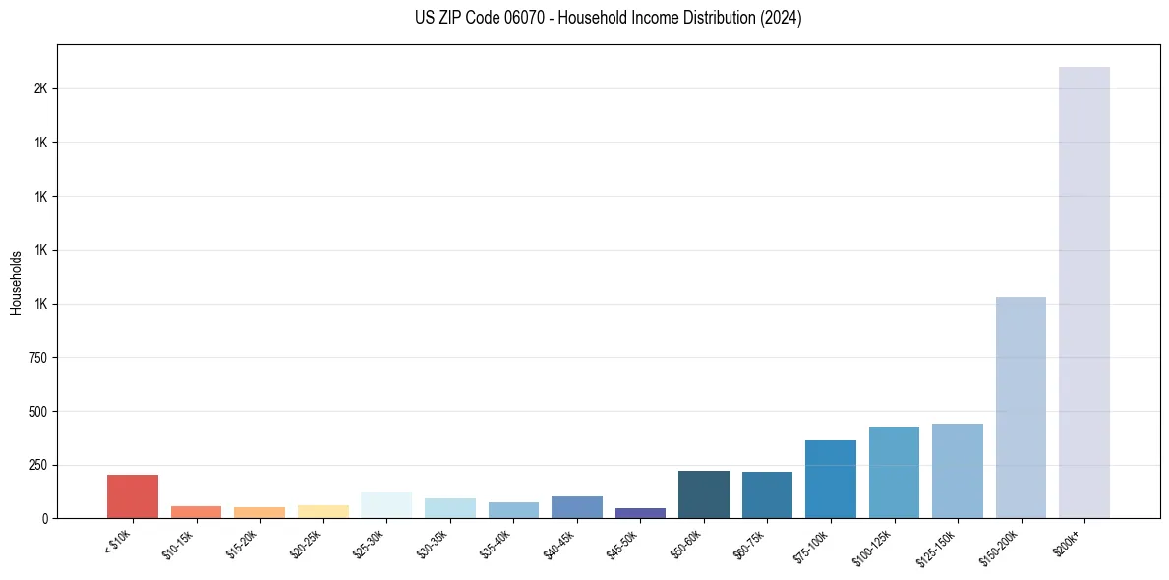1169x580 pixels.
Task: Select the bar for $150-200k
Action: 1021,407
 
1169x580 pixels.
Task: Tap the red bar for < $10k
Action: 133,496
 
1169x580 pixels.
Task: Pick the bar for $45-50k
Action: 640,513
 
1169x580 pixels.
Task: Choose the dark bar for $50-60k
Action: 704,494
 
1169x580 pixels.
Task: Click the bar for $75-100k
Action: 831,479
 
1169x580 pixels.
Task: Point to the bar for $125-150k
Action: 958,471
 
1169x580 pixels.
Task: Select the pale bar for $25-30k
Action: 386,504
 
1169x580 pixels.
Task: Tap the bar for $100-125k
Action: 894,472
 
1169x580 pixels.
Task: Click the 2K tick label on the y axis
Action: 40,88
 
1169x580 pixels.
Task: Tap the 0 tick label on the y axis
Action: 43,518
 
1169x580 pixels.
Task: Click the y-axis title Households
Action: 17,282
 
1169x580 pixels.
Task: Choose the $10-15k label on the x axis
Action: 178,543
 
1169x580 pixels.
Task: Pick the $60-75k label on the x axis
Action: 749,543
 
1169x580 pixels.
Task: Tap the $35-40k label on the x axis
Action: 496,543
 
